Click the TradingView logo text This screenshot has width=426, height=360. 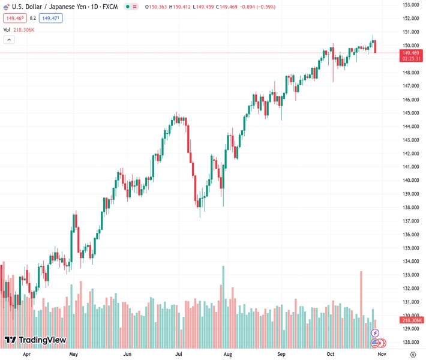coord(42,340)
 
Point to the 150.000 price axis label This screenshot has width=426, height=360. coord(411,46)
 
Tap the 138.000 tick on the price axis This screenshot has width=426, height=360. coord(411,208)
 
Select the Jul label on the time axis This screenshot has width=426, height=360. coord(178,354)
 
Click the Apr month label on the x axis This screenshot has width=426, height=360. coord(26,354)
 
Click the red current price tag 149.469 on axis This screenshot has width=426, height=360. coord(411,53)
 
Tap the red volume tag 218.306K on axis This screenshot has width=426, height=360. coord(411,320)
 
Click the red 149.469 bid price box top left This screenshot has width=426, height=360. coord(14,18)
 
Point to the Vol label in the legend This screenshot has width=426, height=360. coord(7,29)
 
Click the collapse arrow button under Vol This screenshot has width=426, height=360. coord(9,40)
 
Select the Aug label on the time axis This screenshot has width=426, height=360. coord(227,354)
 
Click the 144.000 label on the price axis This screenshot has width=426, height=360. coord(411,127)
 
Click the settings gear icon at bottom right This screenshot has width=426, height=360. coord(413,354)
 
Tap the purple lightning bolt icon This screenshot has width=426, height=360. coord(375,332)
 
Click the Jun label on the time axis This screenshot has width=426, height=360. coord(127,354)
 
